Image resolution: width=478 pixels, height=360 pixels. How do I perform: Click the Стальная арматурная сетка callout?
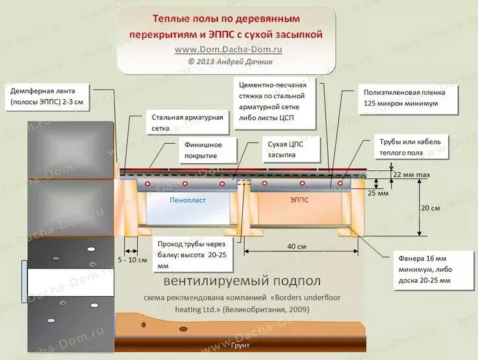click(188, 123)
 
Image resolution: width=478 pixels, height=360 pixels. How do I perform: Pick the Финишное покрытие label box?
click(202, 150)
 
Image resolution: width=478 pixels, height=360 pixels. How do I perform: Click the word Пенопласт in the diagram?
click(188, 201)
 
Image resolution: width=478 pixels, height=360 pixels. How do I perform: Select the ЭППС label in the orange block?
click(299, 201)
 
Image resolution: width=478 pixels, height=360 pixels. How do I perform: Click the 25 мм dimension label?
click(378, 194)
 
